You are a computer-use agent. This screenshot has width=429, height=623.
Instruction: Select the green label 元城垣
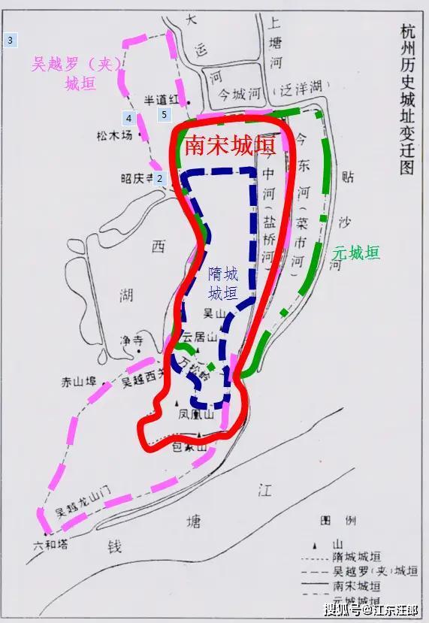pyautogui.click(x=356, y=253)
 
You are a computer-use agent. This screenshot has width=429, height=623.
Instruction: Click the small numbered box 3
pyautogui.click(x=10, y=40)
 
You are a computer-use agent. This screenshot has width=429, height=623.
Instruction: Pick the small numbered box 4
pyautogui.click(x=129, y=118)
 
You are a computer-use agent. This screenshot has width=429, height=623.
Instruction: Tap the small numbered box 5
pyautogui.click(x=165, y=115)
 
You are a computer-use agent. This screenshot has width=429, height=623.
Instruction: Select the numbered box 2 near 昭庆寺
pyautogui.click(x=159, y=178)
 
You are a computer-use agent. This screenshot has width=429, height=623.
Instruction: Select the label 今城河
pyautogui.click(x=237, y=96)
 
